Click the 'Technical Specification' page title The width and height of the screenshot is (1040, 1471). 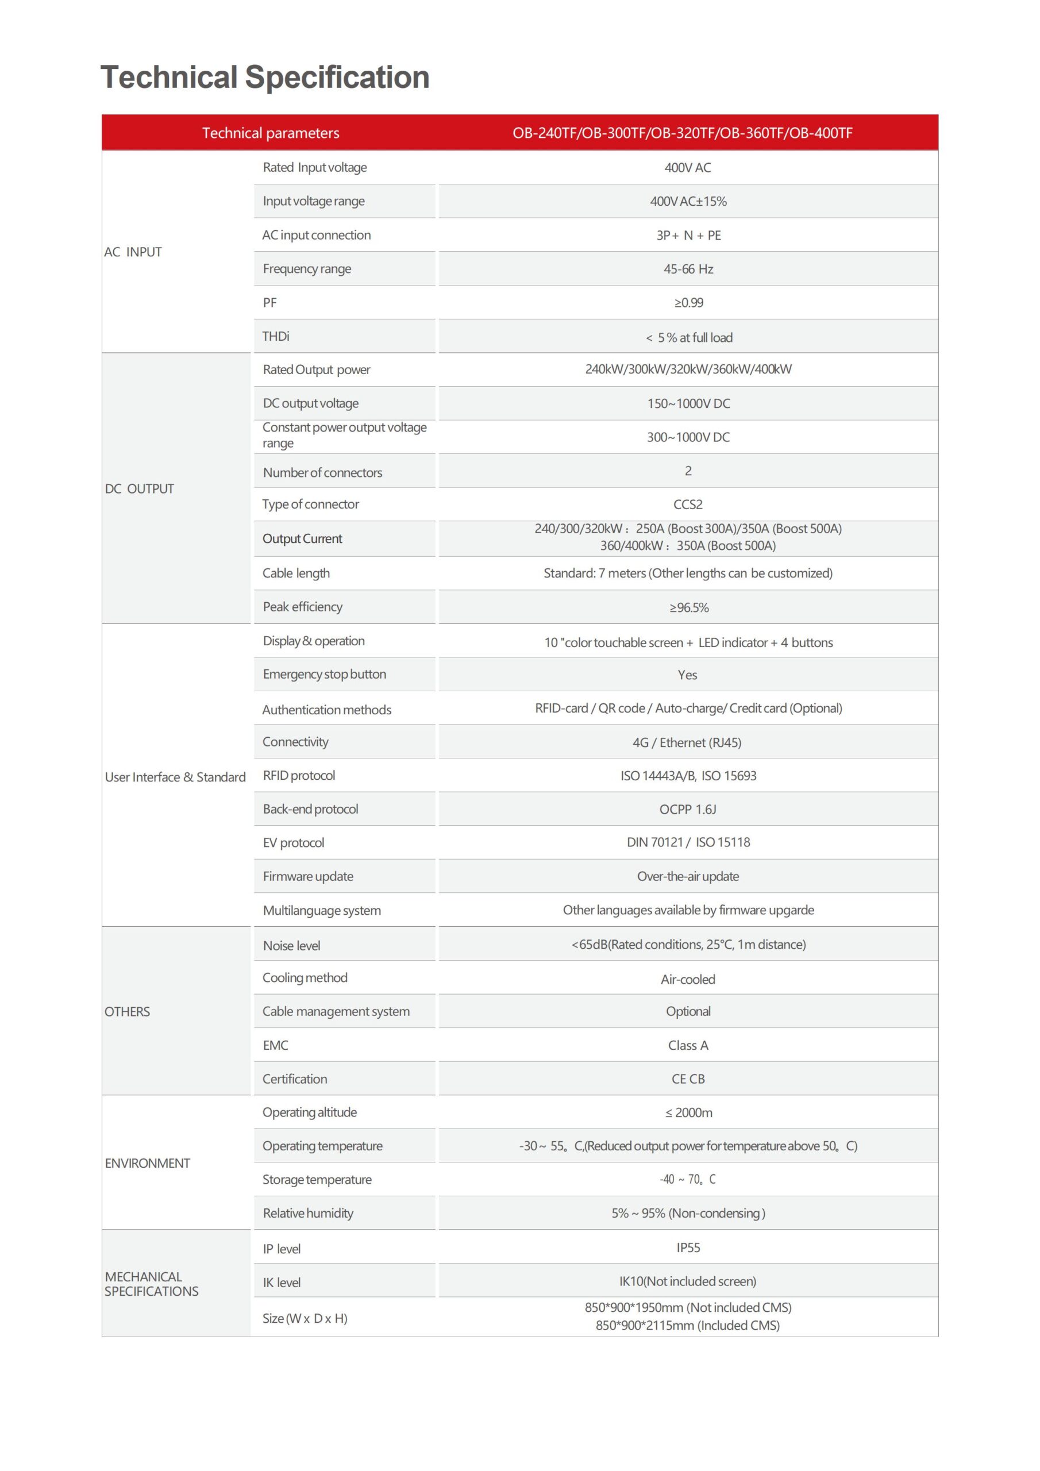(265, 78)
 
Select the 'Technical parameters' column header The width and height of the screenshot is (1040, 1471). (271, 133)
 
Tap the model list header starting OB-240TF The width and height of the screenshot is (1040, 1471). (682, 133)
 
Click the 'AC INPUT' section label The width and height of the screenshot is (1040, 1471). (133, 252)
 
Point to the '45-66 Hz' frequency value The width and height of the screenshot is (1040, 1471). (688, 269)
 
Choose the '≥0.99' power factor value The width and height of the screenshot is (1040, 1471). (688, 302)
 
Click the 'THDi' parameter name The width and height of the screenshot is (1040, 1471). (276, 336)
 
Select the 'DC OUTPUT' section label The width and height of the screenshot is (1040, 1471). (140, 489)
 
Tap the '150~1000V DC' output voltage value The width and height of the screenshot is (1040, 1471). (688, 403)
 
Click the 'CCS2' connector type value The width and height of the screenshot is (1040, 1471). (688, 504)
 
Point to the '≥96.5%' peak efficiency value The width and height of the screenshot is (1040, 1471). (689, 607)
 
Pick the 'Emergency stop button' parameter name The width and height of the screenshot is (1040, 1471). (324, 674)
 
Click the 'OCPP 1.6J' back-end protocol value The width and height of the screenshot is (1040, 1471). (688, 809)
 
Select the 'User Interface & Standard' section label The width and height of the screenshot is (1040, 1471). (175, 777)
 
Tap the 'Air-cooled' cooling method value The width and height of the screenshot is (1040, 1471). (688, 979)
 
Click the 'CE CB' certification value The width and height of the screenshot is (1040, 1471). (688, 1079)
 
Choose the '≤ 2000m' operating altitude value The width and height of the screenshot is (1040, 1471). (688, 1112)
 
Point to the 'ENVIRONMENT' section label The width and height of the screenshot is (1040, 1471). (148, 1163)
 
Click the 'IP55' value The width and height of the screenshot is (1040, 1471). (688, 1247)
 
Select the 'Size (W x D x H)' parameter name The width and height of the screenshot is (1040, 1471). (305, 1318)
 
